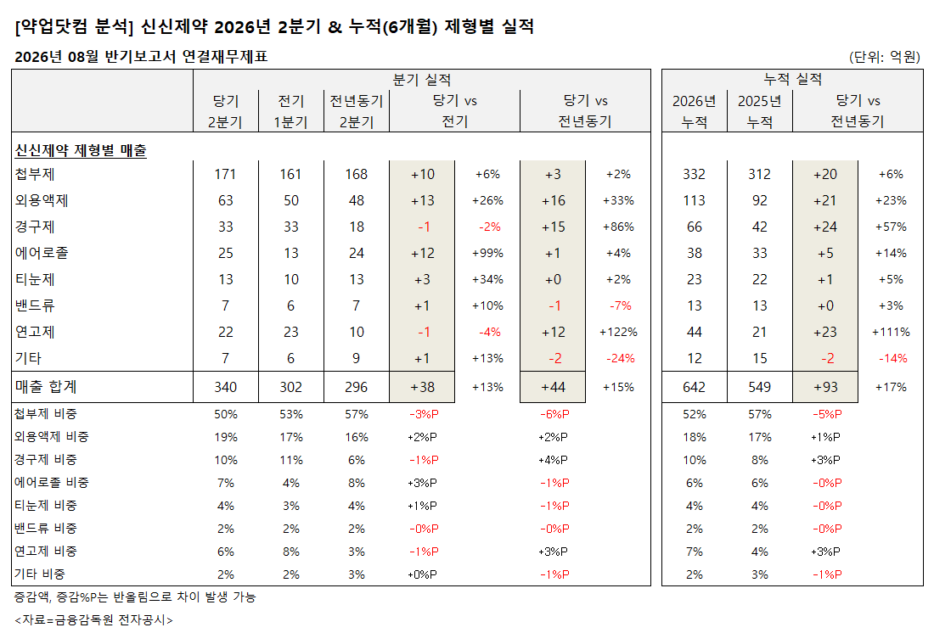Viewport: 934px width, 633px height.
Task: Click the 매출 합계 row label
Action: tap(46, 387)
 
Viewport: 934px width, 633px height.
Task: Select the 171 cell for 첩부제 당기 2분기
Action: tap(225, 175)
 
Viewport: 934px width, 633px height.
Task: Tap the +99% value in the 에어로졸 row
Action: tap(487, 253)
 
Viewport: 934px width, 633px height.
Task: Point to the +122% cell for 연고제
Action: tap(618, 332)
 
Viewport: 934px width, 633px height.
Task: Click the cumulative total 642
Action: tap(694, 387)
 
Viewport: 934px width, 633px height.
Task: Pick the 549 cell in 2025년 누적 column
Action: tap(759, 387)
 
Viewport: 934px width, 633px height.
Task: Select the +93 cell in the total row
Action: tap(825, 387)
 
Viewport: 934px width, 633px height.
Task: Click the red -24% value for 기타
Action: tap(620, 358)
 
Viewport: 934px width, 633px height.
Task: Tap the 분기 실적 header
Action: tap(422, 79)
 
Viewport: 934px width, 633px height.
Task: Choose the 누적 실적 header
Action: tap(792, 79)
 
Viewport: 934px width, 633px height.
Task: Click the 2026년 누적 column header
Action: tap(694, 111)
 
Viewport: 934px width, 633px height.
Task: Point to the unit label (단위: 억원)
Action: tap(885, 57)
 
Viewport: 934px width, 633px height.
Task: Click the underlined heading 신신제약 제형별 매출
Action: tap(81, 150)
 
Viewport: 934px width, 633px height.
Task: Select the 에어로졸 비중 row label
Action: tap(52, 482)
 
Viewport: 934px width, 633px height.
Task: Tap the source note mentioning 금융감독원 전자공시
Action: tap(93, 620)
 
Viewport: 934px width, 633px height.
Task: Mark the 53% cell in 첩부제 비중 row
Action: tap(290, 414)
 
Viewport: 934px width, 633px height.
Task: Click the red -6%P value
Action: tap(554, 414)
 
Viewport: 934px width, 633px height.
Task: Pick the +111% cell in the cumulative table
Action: tap(891, 332)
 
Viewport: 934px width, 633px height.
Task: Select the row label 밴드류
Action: tap(35, 305)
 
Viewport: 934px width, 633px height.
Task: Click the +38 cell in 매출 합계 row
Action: tap(422, 387)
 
